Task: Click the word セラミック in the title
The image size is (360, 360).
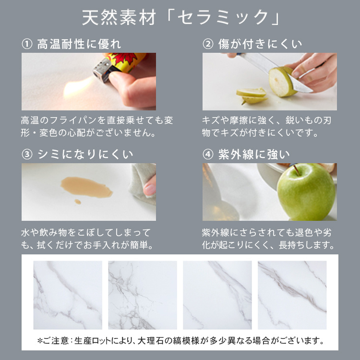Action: click(x=223, y=18)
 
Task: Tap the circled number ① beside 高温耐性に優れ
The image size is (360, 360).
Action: click(x=27, y=44)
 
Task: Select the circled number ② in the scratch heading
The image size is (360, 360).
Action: click(x=208, y=44)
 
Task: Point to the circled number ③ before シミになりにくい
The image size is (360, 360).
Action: click(x=27, y=154)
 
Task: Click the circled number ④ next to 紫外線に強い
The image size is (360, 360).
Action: click(x=208, y=154)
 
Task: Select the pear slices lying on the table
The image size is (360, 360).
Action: click(x=252, y=96)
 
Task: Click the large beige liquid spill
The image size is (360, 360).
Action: click(x=86, y=187)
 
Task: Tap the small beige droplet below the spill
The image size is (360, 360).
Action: click(x=78, y=202)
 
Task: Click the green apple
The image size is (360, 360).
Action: click(x=306, y=192)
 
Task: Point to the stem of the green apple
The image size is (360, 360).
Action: click(x=296, y=169)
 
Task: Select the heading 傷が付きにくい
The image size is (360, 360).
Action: click(x=260, y=44)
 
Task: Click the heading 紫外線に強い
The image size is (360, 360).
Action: click(x=254, y=154)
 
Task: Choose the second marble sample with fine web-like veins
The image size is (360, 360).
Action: click(x=143, y=295)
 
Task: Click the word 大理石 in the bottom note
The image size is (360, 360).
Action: click(x=151, y=341)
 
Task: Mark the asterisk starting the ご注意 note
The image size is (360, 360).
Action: click(x=40, y=340)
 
